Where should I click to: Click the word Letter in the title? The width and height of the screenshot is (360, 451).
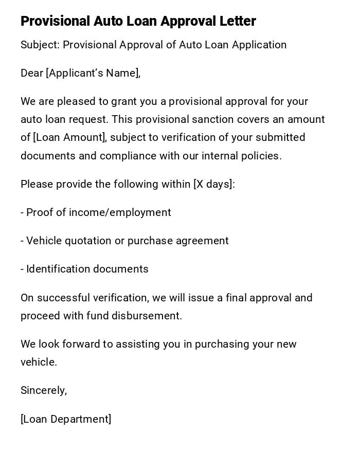(237, 21)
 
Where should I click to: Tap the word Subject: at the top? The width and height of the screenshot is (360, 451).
(40, 45)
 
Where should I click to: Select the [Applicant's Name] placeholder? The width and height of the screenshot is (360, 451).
(93, 73)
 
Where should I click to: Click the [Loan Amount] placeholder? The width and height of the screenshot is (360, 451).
(69, 137)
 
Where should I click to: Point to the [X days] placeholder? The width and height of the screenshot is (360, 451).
(213, 184)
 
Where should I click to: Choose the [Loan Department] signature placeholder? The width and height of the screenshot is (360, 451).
(66, 419)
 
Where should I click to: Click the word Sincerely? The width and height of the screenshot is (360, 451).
(43, 390)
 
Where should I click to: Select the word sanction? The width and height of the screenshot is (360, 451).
(212, 119)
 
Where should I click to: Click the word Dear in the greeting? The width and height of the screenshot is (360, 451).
(32, 73)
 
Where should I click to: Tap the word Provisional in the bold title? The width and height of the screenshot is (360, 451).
(55, 21)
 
